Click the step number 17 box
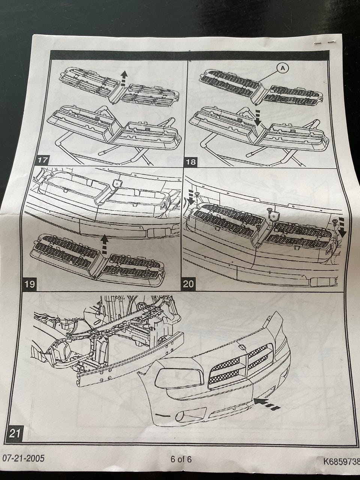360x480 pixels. [x=42, y=161]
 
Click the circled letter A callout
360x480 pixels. [x=282, y=67]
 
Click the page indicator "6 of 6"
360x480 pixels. [x=181, y=459]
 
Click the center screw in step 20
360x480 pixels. [x=269, y=210]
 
